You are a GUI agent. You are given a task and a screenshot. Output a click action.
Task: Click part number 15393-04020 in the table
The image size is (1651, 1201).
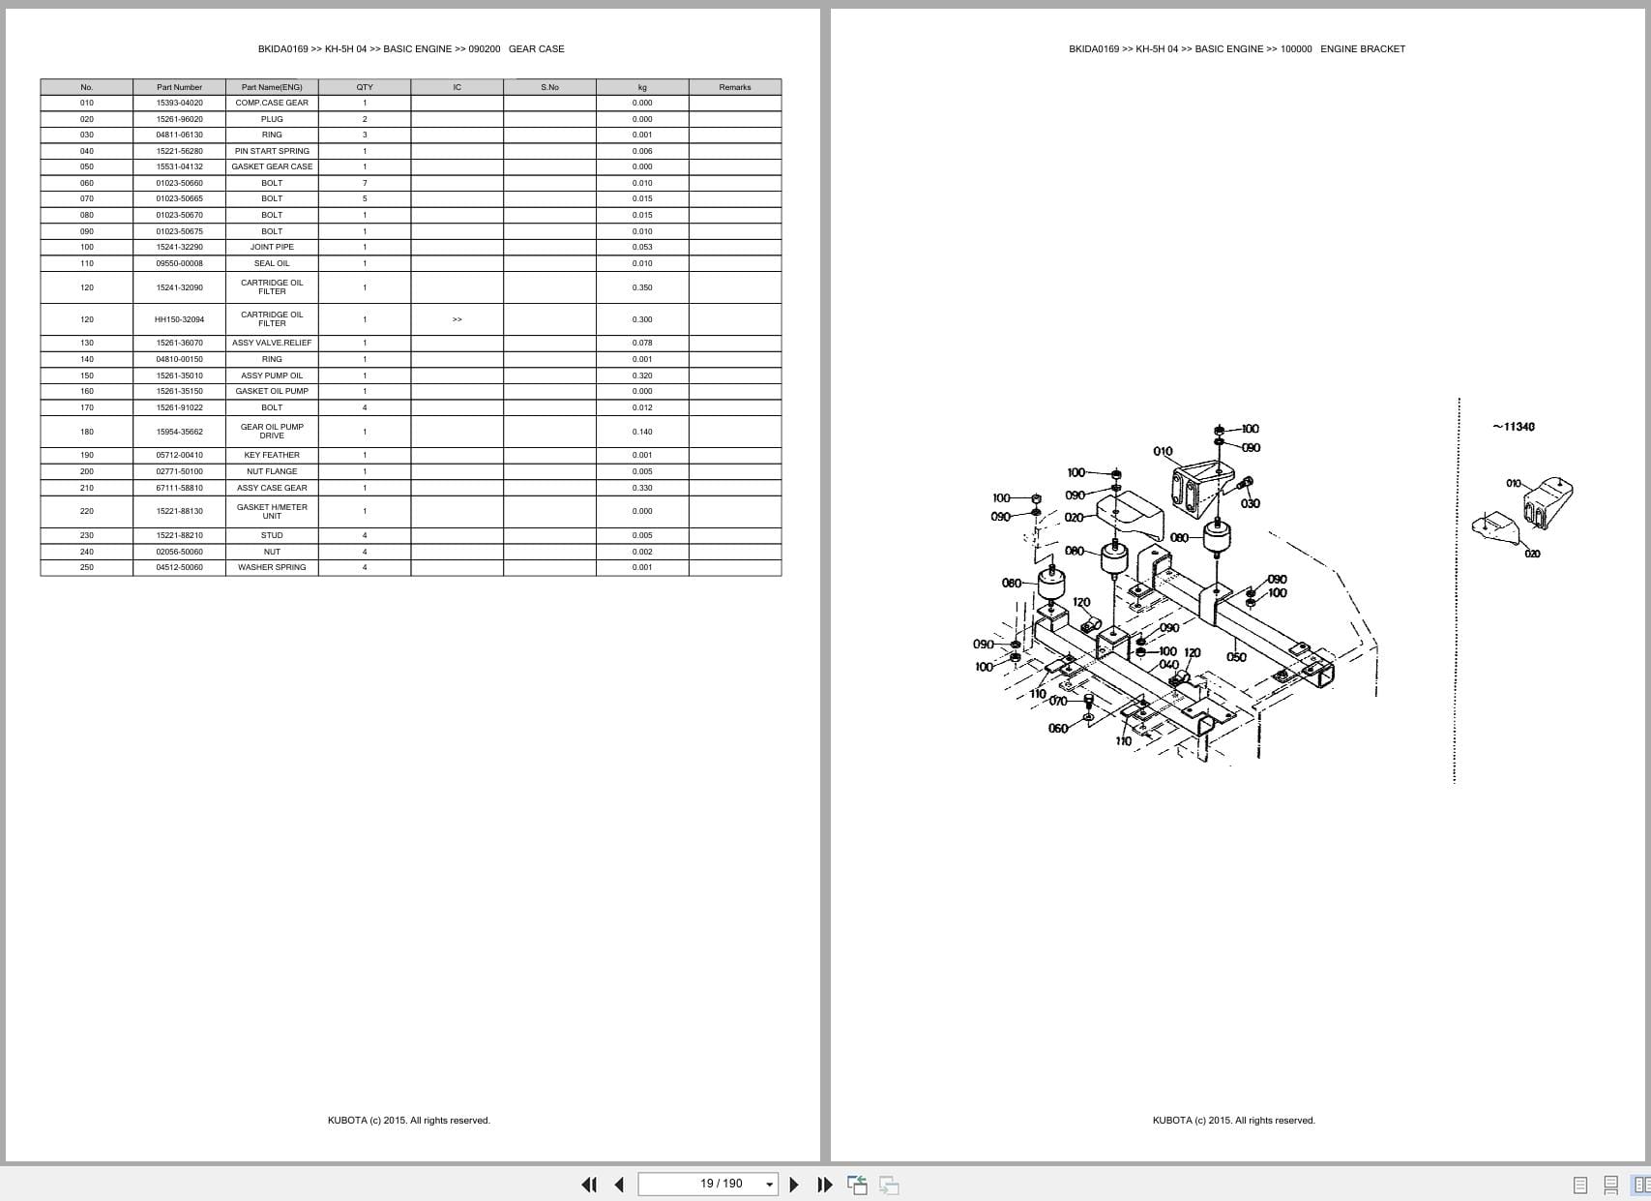pyautogui.click(x=179, y=103)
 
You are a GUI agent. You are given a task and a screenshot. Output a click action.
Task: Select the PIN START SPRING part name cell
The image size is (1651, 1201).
pyautogui.click(x=272, y=151)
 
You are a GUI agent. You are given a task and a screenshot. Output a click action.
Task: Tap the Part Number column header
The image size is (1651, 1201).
pyautogui.click(x=179, y=87)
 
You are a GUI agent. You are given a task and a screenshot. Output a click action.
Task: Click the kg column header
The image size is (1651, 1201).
pyautogui.click(x=642, y=87)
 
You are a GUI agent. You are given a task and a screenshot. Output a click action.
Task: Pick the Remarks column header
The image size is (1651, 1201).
pyautogui.click(x=734, y=87)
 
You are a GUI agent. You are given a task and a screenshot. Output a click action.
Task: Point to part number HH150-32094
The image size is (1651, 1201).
pyautogui.click(x=179, y=319)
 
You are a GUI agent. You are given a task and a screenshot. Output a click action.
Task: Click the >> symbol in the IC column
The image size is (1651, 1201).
pyautogui.click(x=457, y=319)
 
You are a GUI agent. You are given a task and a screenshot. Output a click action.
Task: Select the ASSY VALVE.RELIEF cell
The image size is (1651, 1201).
pyautogui.click(x=272, y=343)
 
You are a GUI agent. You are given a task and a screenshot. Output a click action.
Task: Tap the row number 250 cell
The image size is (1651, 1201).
pyautogui.click(x=87, y=567)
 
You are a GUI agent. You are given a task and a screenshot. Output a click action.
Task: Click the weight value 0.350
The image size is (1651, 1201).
pyautogui.click(x=642, y=287)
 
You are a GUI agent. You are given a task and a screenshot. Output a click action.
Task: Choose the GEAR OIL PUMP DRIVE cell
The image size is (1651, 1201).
pyautogui.click(x=272, y=432)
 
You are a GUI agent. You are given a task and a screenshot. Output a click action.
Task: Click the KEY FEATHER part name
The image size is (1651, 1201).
pyautogui.click(x=272, y=455)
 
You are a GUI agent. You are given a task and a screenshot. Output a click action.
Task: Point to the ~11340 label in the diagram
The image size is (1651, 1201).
pyautogui.click(x=1514, y=427)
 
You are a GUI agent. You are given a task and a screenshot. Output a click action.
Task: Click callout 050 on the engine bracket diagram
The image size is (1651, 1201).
pyautogui.click(x=1236, y=657)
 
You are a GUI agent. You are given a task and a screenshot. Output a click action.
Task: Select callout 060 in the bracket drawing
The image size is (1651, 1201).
pyautogui.click(x=1058, y=729)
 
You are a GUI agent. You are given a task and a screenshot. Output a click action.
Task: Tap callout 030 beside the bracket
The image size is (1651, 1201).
pyautogui.click(x=1251, y=503)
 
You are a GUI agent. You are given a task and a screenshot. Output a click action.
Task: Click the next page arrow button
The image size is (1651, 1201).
pyautogui.click(x=794, y=1185)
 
